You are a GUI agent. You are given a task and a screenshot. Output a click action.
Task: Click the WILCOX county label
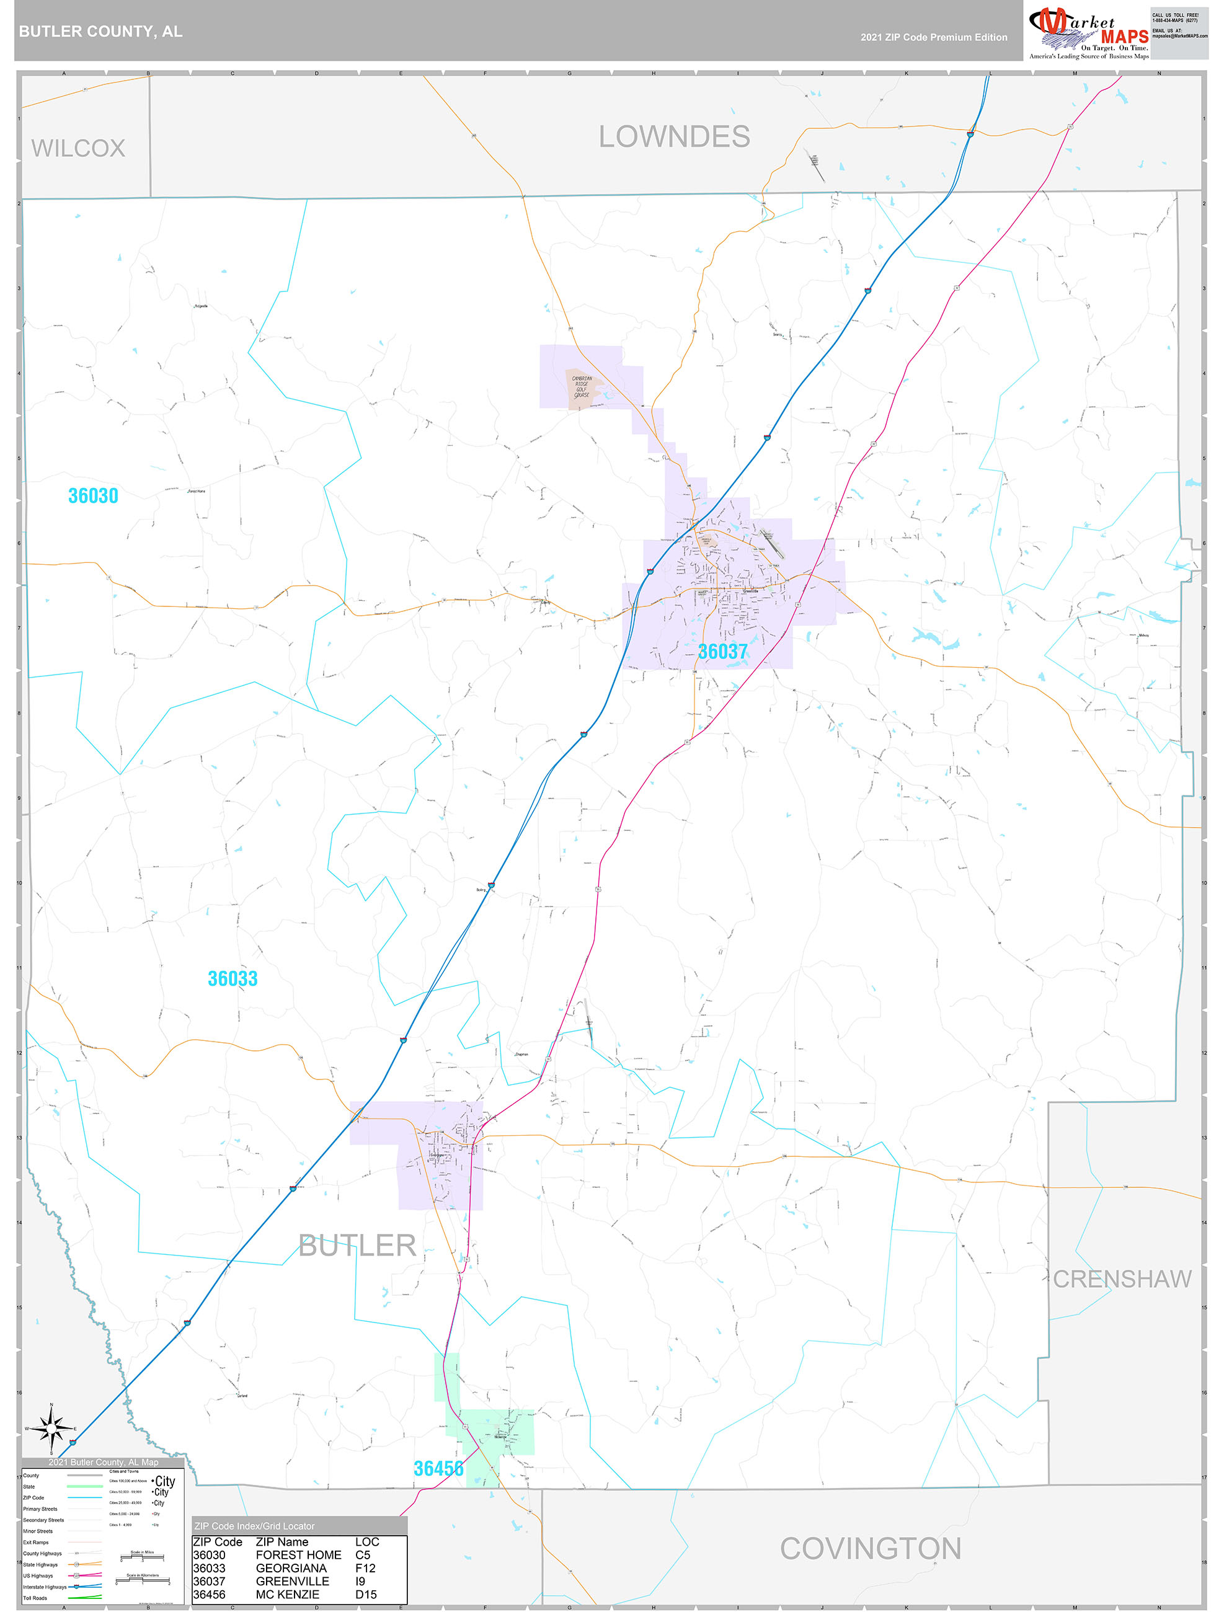pos(78,149)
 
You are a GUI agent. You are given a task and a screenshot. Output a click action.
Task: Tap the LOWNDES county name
pos(675,137)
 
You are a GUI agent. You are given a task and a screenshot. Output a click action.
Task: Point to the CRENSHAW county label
pos(1122,1279)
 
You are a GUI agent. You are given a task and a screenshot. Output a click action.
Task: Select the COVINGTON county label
pos(871,1548)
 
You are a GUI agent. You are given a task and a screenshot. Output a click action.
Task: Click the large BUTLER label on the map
pos(357,1246)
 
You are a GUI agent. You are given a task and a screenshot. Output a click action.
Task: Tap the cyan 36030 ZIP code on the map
pos(93,495)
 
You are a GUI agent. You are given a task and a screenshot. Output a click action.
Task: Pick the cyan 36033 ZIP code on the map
pos(233,979)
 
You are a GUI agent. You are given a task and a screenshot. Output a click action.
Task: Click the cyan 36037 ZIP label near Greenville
pos(722,652)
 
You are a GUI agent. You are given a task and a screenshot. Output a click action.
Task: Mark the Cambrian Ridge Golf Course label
pos(582,387)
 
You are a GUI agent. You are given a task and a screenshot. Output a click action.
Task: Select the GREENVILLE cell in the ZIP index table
pos(292,1582)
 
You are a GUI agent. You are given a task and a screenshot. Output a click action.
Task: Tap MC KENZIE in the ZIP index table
pos(287,1595)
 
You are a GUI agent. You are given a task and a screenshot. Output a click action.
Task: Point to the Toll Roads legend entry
pos(35,1598)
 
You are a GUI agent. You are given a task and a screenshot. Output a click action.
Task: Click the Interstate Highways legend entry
pos(45,1587)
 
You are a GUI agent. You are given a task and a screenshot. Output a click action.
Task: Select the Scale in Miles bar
pos(142,1558)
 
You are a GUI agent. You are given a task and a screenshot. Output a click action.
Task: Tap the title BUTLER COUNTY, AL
pos(100,32)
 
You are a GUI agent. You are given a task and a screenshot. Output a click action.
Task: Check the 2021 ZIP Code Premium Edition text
pos(934,37)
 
